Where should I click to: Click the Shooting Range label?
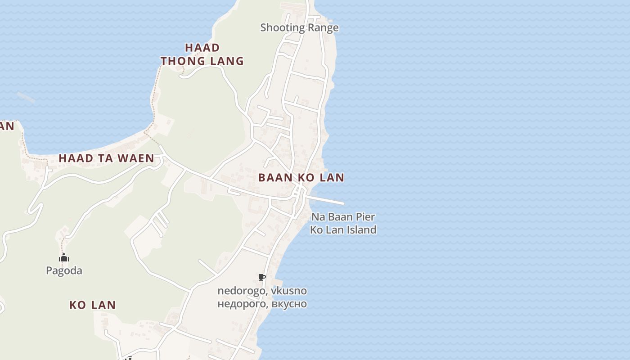299,27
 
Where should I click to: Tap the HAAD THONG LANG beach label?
202,54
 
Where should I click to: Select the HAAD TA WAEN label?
106,158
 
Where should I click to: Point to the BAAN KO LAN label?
301,177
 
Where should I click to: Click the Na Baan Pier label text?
343,217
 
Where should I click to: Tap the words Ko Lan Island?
343,229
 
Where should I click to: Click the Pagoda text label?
64,270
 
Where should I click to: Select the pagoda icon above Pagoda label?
64,258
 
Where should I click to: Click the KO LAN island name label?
92,305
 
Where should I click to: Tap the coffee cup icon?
261,277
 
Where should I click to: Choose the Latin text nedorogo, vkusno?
262,291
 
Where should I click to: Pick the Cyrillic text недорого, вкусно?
262,304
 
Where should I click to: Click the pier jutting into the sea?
326,200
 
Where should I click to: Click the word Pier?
365,217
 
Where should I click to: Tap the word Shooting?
283,27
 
